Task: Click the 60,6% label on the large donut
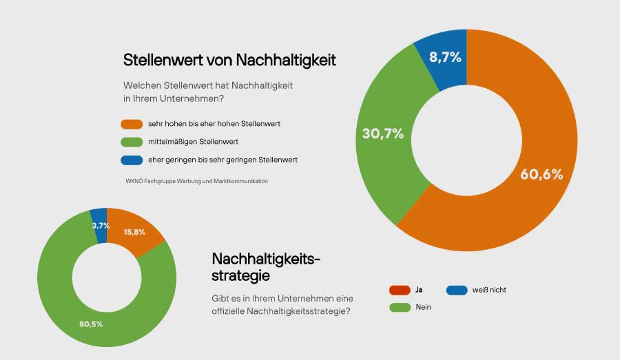(541, 175)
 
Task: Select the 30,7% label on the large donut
(382, 134)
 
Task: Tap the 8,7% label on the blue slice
(445, 58)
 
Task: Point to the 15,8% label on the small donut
(134, 232)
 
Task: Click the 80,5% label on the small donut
(91, 323)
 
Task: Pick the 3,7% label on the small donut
(101, 225)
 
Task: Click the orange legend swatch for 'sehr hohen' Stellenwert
(131, 124)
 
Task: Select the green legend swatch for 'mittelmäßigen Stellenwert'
(131, 142)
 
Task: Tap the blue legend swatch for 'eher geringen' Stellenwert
(131, 160)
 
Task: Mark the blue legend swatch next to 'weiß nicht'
(457, 290)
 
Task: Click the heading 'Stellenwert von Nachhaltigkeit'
(229, 60)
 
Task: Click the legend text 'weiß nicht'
(490, 290)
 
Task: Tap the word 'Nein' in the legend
(423, 307)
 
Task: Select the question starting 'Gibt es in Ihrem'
(282, 305)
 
